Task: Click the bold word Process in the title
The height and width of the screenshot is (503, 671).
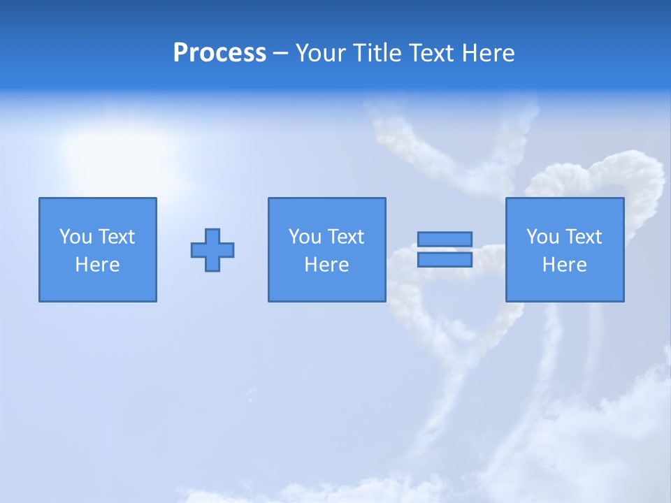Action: pyautogui.click(x=219, y=53)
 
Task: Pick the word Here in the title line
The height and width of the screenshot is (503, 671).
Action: pyautogui.click(x=490, y=53)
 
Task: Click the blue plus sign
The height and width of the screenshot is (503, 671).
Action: pyautogui.click(x=212, y=250)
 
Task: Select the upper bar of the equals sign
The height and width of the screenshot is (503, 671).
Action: pyautogui.click(x=445, y=239)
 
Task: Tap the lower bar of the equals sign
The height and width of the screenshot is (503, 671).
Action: pyautogui.click(x=445, y=260)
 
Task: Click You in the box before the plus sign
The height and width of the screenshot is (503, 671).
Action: pyautogui.click(x=75, y=237)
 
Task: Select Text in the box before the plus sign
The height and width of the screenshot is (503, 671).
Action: pyautogui.click(x=116, y=237)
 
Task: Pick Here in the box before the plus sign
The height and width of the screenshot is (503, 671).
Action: pyautogui.click(x=98, y=265)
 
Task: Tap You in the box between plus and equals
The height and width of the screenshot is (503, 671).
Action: pyautogui.click(x=305, y=237)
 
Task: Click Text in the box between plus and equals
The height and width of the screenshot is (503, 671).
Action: pyautogui.click(x=345, y=237)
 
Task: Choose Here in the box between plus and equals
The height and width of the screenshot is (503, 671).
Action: pyautogui.click(x=327, y=265)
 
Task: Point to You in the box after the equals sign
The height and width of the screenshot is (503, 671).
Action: pyautogui.click(x=542, y=237)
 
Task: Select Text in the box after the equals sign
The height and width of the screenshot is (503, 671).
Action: pyautogui.click(x=583, y=237)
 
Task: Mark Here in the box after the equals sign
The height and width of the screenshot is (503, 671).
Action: pyautogui.click(x=565, y=265)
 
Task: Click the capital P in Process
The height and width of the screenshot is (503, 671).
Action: pyautogui.click(x=180, y=53)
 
